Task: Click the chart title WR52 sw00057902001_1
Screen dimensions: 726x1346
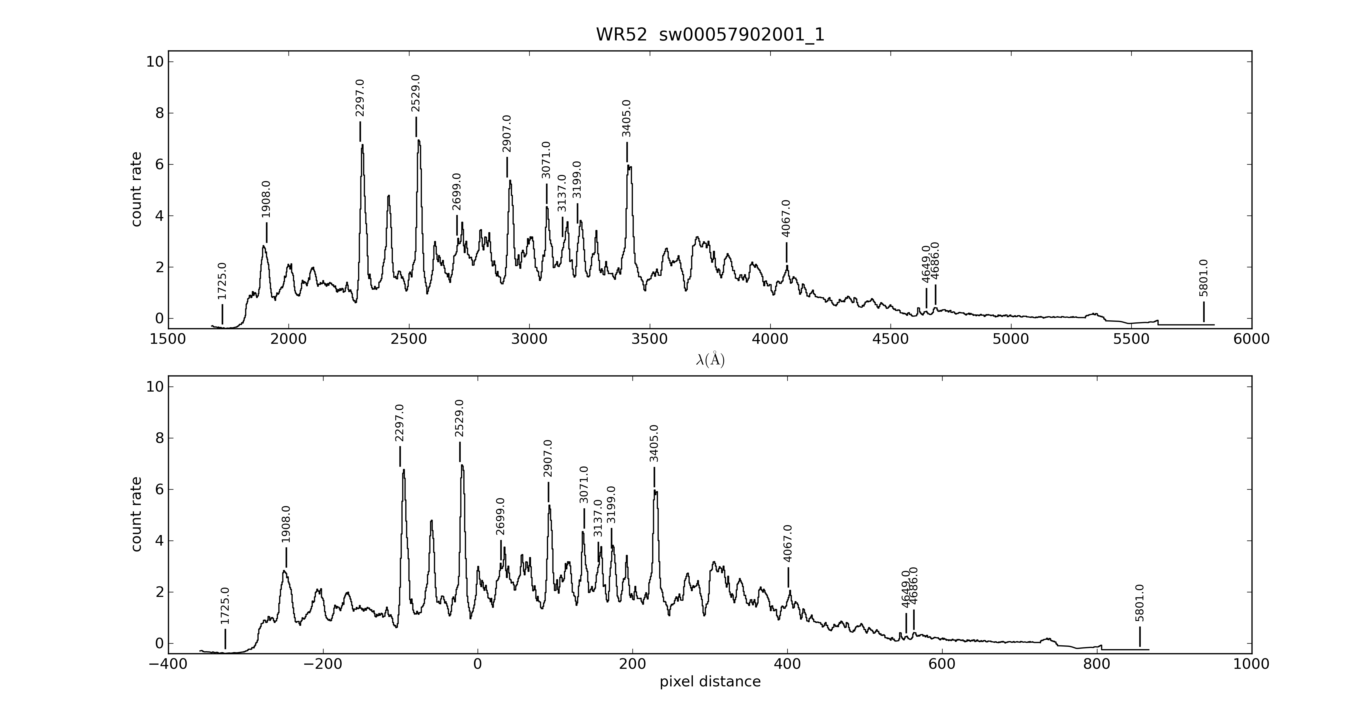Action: [x=710, y=35]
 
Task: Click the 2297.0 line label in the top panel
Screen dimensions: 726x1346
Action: [x=360, y=98]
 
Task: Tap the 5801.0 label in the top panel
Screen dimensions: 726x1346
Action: [x=1204, y=278]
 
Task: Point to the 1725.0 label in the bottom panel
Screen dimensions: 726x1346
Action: [x=225, y=606]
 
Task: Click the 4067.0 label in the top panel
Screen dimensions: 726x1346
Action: [x=786, y=219]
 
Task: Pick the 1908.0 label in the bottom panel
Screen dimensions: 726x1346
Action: [x=286, y=525]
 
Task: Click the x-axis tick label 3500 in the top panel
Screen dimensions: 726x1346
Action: [x=650, y=339]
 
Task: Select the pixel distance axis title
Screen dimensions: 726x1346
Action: [x=710, y=682]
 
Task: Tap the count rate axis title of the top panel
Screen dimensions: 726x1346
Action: [x=136, y=189]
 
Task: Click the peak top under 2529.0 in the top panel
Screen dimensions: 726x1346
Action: [x=418, y=141]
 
